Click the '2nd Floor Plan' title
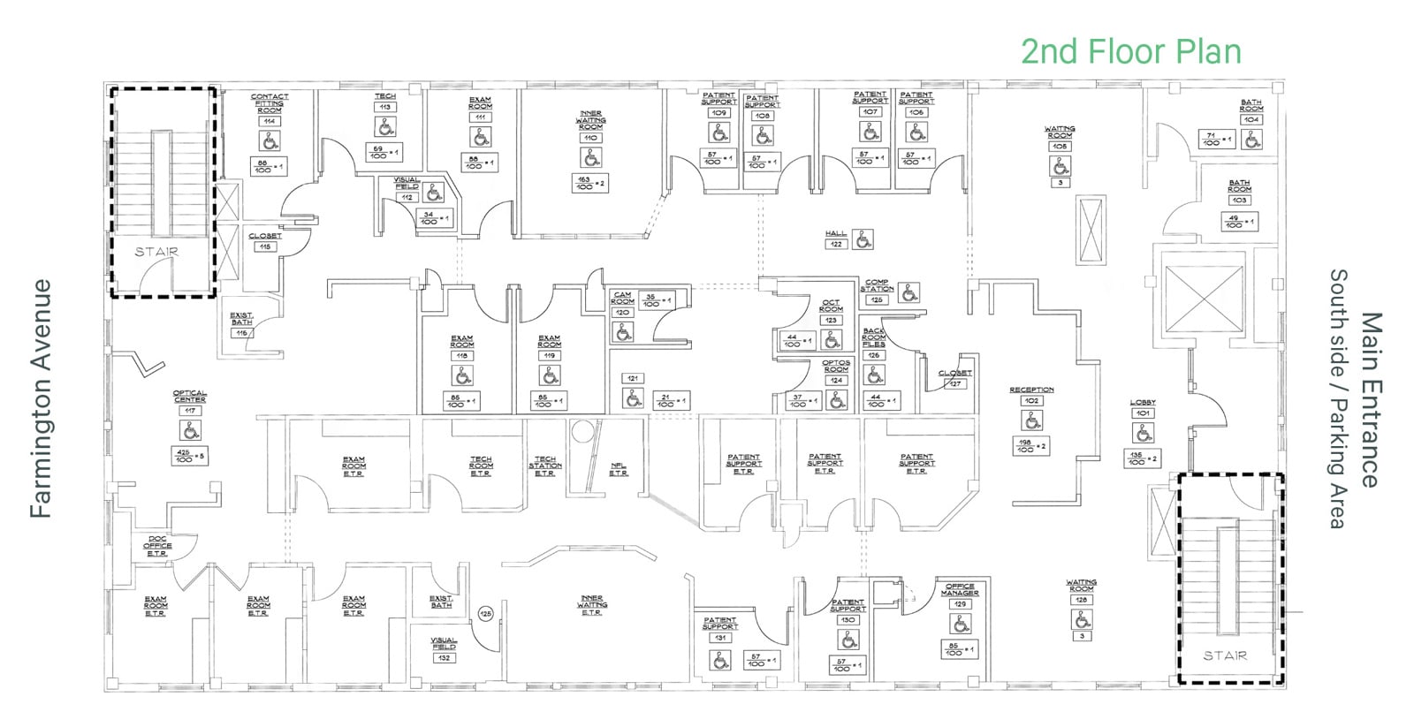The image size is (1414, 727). point(1130,51)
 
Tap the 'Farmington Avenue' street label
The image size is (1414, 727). point(42,398)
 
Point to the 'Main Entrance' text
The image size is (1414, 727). point(1369,399)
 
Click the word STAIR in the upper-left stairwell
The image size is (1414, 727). point(156,252)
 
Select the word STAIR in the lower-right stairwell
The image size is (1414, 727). point(1225,655)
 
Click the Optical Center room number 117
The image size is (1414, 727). point(190,411)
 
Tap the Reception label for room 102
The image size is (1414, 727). point(1031,390)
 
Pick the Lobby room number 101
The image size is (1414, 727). point(1143,413)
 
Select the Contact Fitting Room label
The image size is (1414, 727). point(270,103)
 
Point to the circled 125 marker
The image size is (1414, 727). point(485,612)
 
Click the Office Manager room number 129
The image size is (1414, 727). point(960,604)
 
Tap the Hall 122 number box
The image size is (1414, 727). point(836,244)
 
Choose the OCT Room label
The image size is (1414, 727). point(831,306)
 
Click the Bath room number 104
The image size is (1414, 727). point(1251,119)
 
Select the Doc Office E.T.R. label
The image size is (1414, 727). point(157,546)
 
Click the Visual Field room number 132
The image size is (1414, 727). point(444,657)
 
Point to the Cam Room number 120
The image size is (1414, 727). point(622,312)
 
